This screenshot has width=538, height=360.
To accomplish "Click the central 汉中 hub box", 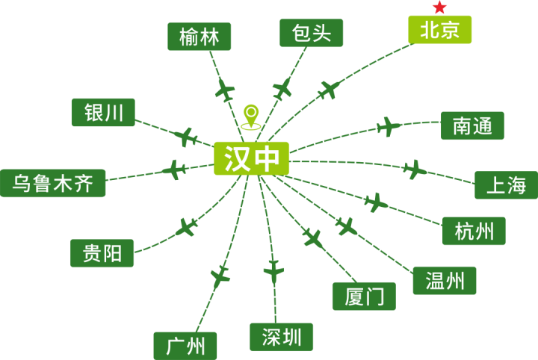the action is pos(251,158).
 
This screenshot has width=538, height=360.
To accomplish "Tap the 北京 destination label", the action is pos(439,30).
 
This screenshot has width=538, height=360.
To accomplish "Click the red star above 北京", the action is pos(439,7).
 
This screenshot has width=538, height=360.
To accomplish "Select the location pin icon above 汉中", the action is pos(251,117).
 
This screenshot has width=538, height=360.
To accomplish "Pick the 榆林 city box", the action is pos(199,37).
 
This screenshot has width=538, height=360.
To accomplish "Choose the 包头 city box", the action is pos(311,33).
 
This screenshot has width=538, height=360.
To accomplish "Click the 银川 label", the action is pos(103,113).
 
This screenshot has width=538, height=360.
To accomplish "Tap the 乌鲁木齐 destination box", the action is pos(53,183).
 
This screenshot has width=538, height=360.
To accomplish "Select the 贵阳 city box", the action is pos(102,253).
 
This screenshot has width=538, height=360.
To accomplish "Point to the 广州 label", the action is pos(185,346).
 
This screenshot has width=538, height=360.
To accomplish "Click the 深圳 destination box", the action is pos(282,337).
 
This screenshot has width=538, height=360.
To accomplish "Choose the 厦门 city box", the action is pos(364,297).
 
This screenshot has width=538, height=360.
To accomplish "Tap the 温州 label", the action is pos(445,281).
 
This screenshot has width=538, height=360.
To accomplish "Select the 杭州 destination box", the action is pos(474,231).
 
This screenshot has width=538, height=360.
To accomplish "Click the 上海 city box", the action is pos(506,185).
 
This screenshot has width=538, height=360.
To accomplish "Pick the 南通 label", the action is pos(472,125).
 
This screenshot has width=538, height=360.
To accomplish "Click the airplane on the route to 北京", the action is pos(328,90).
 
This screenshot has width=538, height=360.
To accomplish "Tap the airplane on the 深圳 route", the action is pos(273,272).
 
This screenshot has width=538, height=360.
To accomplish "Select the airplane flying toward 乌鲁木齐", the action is pos(174,170).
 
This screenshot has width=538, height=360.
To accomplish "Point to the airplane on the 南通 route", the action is pos(389,127).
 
